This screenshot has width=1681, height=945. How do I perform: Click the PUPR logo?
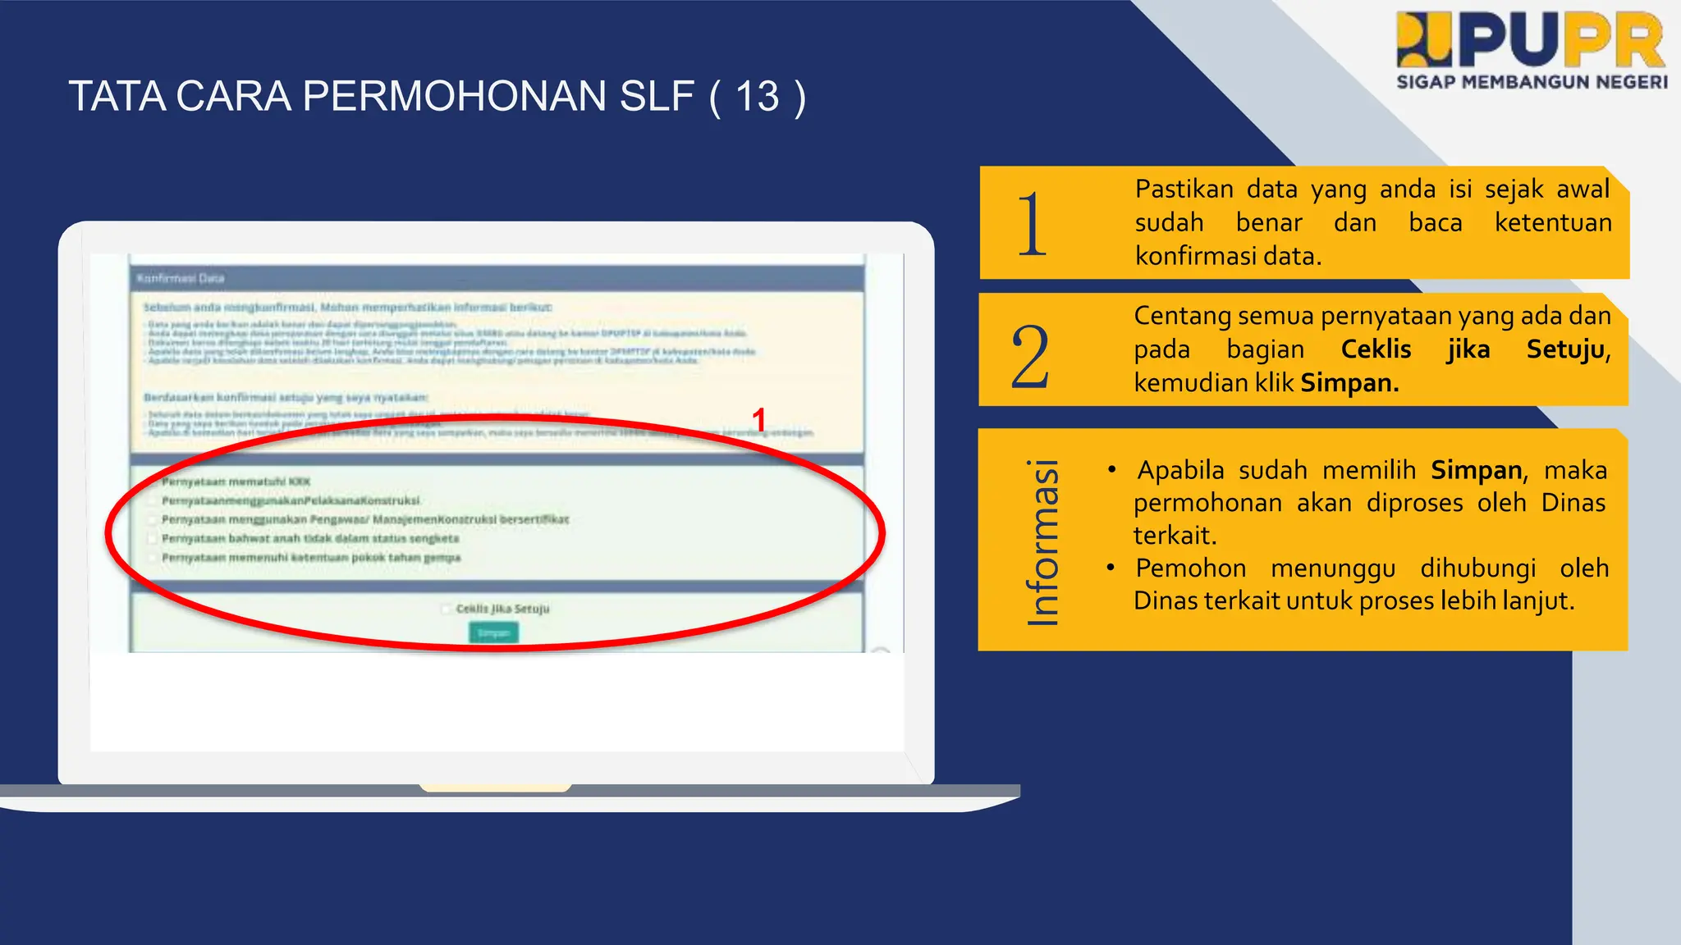click(x=1532, y=41)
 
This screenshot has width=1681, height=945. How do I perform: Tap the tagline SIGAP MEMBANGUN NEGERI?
click(x=1532, y=82)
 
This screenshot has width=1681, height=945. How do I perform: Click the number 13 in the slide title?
click(x=757, y=97)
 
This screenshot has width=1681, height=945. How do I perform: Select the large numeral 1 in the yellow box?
click(x=1032, y=224)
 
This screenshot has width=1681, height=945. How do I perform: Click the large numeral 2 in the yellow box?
click(x=1030, y=356)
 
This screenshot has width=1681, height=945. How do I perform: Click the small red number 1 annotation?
click(x=759, y=419)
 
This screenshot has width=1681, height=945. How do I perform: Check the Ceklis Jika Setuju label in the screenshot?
click(x=502, y=609)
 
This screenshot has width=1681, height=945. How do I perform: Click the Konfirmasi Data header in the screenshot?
click(x=181, y=278)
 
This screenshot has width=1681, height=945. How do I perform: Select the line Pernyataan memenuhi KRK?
click(x=236, y=482)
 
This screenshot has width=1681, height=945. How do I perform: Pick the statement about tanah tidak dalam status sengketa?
click(x=310, y=538)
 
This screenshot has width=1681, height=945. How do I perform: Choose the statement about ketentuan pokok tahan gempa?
click(x=311, y=558)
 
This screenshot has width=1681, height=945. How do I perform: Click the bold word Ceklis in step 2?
click(x=1376, y=349)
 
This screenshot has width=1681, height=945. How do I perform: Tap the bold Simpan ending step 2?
click(x=1349, y=383)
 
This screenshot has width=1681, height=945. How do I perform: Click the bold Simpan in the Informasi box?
click(x=1476, y=470)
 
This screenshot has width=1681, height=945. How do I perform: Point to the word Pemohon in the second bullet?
click(x=1190, y=568)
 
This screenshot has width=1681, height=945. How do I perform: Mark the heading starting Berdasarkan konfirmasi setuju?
click(x=285, y=397)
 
